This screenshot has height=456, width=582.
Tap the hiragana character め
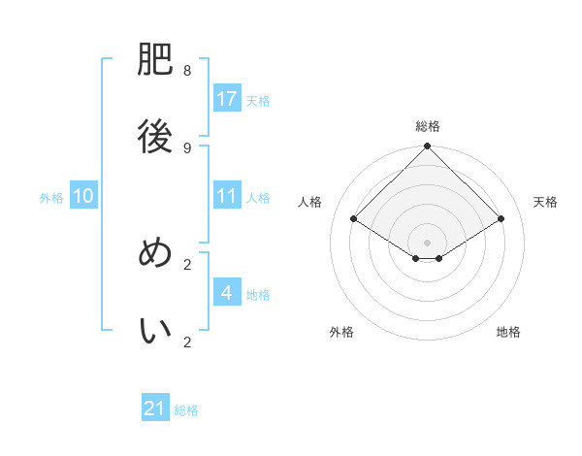click(155, 253)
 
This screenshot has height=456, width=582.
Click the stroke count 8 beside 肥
click(187, 71)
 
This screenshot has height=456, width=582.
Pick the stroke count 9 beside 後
click(187, 147)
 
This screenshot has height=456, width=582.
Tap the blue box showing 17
click(227, 99)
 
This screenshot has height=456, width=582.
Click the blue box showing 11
click(227, 196)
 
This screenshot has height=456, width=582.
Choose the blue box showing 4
click(227, 293)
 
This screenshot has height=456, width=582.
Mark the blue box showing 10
click(83, 196)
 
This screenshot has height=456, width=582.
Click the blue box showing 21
click(155, 409)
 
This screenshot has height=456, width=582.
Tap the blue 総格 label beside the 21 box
click(186, 410)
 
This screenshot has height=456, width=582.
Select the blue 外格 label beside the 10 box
click(51, 197)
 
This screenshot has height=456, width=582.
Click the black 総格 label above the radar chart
click(428, 126)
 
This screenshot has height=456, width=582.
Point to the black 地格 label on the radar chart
click(508, 332)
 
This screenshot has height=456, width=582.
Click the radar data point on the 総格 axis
click(428, 147)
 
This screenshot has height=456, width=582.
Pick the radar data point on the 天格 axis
click(501, 219)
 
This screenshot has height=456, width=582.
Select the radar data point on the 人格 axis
click(354, 219)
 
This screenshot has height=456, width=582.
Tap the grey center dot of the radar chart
click(428, 242)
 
